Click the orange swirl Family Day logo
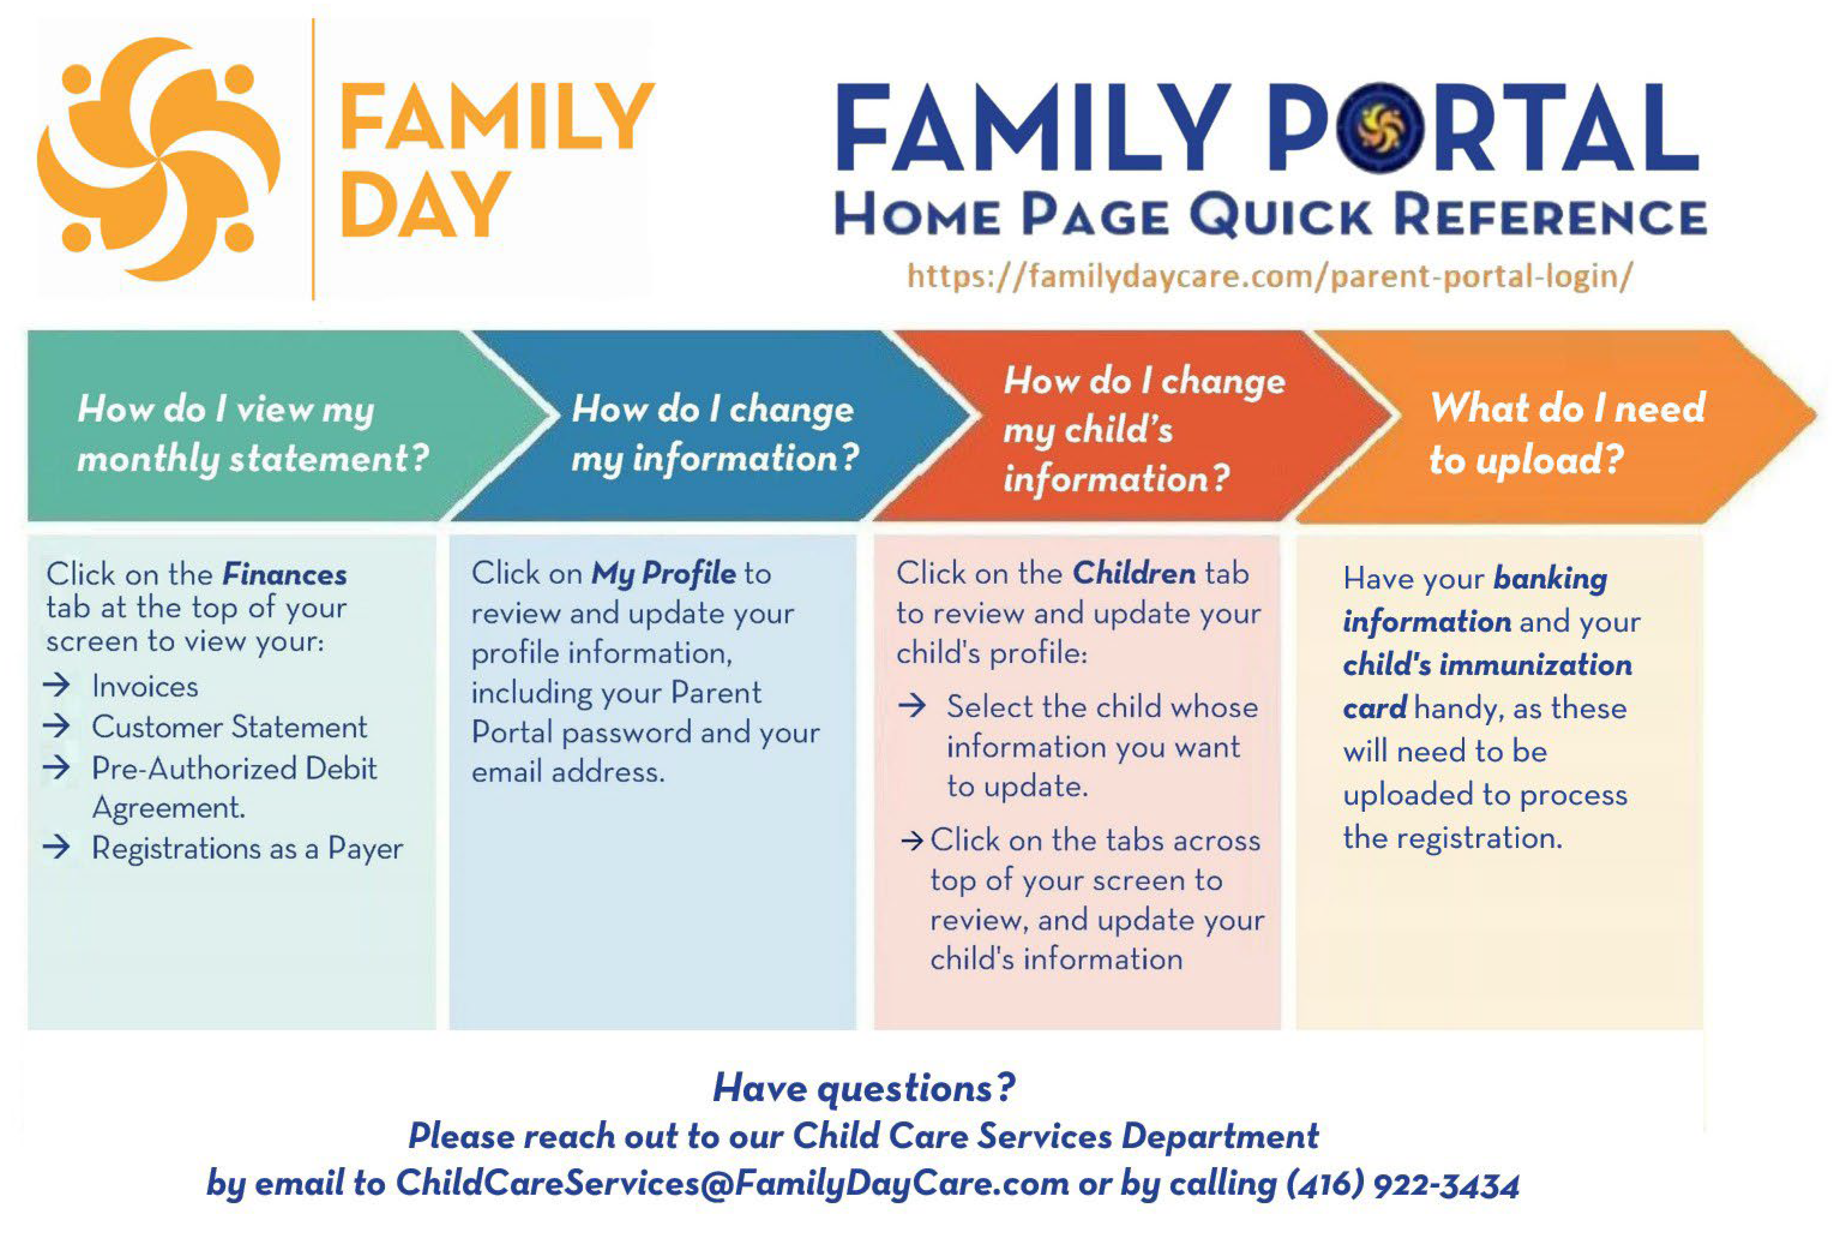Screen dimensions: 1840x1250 (x=158, y=158)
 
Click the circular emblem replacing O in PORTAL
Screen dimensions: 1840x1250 (x=1380, y=127)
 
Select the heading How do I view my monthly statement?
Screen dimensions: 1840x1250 (x=253, y=434)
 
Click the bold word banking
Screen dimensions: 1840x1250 (x=1550, y=578)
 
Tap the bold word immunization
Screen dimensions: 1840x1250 (x=1535, y=664)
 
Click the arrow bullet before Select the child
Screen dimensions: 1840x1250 (x=912, y=705)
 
